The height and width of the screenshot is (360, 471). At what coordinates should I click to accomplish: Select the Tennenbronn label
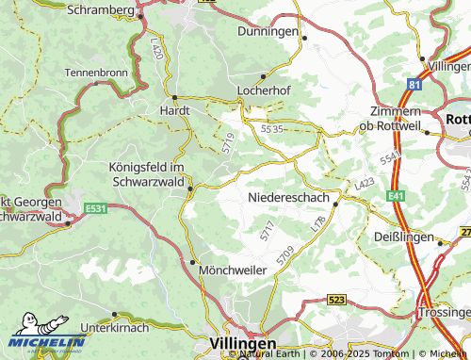[x=95, y=72]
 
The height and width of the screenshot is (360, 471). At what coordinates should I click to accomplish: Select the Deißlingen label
[x=404, y=237]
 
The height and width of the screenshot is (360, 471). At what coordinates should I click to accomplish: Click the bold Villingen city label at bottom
[x=243, y=344]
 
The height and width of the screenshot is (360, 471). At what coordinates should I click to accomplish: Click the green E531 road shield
[x=93, y=208]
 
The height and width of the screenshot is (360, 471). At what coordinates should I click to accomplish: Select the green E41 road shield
[x=395, y=196]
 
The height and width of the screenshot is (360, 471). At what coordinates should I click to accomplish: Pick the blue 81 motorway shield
[x=414, y=85]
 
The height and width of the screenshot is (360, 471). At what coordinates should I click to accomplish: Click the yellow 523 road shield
[x=336, y=299]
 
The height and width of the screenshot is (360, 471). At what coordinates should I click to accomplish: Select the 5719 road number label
[x=228, y=142]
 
